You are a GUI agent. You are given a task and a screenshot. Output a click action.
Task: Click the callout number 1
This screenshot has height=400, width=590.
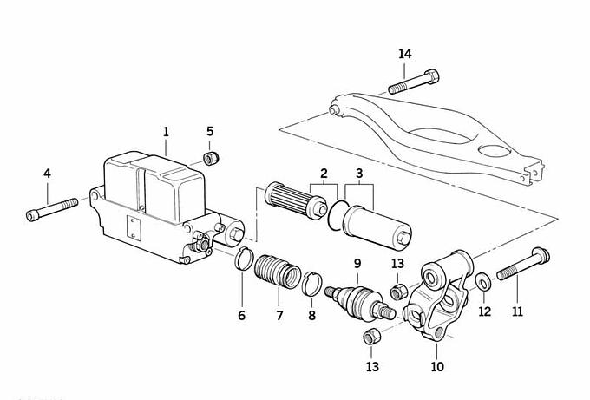click(x=166, y=132)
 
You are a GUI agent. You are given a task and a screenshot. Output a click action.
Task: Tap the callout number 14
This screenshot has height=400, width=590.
click(x=405, y=55)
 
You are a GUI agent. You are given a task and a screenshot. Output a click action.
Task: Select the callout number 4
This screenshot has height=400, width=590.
click(x=47, y=174)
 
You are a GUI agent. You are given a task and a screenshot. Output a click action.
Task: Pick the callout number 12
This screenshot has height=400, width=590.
click(x=485, y=311)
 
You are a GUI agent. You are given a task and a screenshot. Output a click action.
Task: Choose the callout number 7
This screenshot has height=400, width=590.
click(x=279, y=315)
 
